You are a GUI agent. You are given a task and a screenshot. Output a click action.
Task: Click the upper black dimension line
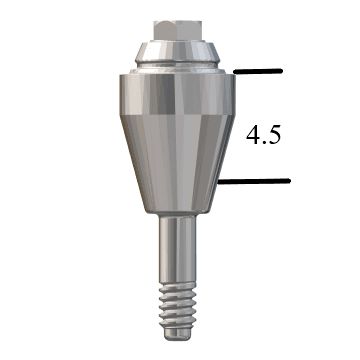pyautogui.click(x=259, y=71)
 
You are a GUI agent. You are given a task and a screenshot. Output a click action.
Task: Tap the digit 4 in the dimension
pyautogui.click(x=254, y=135)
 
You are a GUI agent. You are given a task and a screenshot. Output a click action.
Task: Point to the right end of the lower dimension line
pyautogui.click(x=289, y=181)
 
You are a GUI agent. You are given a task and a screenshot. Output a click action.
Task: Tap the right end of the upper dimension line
pyautogui.click(x=284, y=71)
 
